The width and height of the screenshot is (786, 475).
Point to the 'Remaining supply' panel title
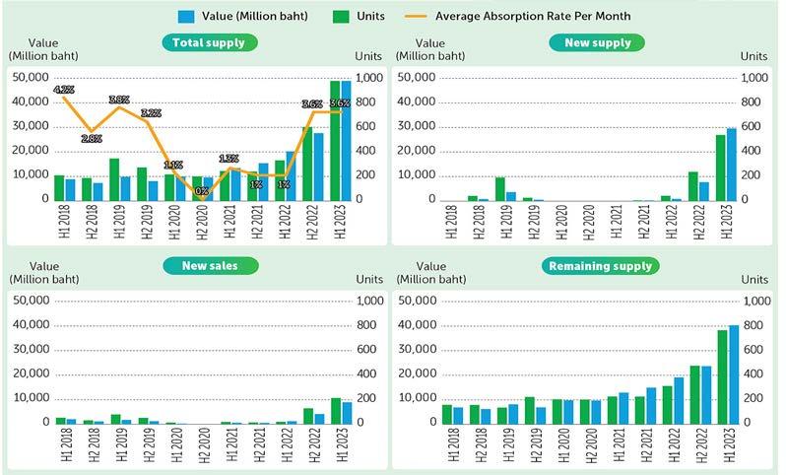click(x=599, y=266)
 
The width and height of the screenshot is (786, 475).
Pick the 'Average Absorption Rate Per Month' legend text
click(x=533, y=16)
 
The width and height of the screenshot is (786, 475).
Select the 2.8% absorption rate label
click(x=92, y=139)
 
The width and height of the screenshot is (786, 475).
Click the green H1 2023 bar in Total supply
click(x=335, y=139)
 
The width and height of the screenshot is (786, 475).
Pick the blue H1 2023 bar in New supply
click(x=732, y=164)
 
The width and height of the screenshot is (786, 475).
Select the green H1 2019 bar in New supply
click(x=500, y=187)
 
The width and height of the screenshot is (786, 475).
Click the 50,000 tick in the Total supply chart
click(x=29, y=78)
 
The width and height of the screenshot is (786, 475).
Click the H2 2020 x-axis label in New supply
click(x=589, y=222)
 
